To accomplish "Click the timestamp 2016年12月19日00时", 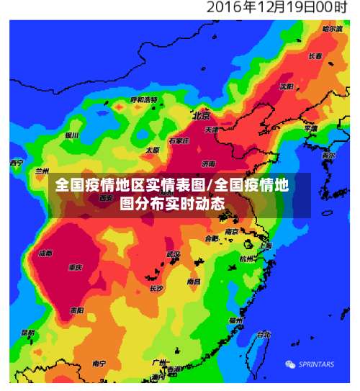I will (276, 8).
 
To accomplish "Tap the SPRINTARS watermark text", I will (315, 364).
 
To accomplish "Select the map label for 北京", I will (201, 115).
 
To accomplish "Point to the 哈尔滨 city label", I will (332, 29).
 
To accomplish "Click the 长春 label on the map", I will (315, 56).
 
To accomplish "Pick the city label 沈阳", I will (287, 86).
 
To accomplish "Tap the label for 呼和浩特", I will (143, 99).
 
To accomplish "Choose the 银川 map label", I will (71, 135).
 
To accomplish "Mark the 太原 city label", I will (152, 150).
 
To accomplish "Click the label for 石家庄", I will (178, 141).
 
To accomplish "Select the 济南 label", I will (209, 163).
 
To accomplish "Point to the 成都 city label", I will (45, 253).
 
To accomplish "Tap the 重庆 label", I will (76, 267).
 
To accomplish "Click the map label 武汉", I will (174, 254).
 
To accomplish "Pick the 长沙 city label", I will (156, 287).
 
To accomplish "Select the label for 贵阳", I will (76, 310).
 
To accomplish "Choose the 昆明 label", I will (27, 333).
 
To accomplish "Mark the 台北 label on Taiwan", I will (264, 334).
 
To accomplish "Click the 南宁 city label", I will (99, 364).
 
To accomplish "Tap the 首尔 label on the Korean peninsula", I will (328, 156).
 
